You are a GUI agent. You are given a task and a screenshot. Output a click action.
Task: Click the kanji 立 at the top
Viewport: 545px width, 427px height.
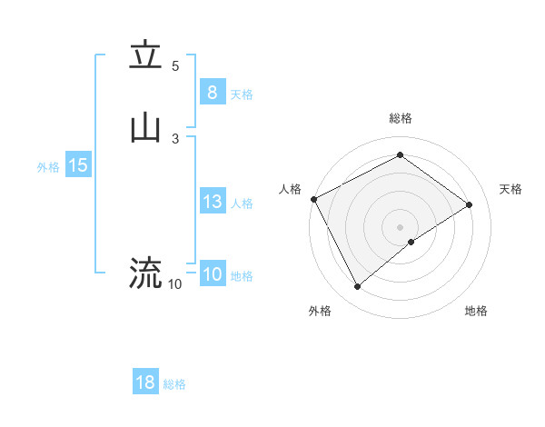145,55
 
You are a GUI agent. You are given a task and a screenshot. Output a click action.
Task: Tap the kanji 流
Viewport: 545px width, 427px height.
145,272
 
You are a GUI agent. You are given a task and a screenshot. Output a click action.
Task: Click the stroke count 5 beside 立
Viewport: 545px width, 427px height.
175,66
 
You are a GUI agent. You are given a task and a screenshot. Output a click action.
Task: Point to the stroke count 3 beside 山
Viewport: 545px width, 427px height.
175,138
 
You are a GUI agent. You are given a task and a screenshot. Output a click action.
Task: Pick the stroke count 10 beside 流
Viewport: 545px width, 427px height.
175,284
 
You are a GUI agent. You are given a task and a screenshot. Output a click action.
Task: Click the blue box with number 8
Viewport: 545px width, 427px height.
212,92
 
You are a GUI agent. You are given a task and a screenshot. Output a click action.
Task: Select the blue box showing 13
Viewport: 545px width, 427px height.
212,202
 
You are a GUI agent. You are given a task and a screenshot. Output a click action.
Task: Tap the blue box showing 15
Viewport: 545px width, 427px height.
78,165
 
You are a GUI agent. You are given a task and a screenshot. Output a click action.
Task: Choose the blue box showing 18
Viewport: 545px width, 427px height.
145,382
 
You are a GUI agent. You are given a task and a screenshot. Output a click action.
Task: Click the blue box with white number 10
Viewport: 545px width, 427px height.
212,274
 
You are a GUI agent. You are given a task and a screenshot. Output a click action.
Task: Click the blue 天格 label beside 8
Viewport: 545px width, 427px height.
242,94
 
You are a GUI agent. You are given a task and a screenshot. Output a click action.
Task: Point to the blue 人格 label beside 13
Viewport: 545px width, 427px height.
242,204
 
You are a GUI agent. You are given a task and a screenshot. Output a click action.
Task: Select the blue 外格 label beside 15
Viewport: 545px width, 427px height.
48,167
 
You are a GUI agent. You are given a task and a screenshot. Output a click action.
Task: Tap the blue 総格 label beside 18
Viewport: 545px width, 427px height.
174,384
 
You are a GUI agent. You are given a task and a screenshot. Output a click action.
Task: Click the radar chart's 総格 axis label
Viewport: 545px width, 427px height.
400,118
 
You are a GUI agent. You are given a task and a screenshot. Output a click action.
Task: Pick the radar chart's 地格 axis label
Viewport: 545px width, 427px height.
476,312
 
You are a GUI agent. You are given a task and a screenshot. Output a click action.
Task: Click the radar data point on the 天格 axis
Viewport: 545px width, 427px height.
470,204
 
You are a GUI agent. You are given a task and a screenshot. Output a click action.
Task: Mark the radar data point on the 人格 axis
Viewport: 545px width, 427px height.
313,199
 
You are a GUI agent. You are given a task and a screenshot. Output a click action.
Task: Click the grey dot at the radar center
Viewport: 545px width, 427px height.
400,227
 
